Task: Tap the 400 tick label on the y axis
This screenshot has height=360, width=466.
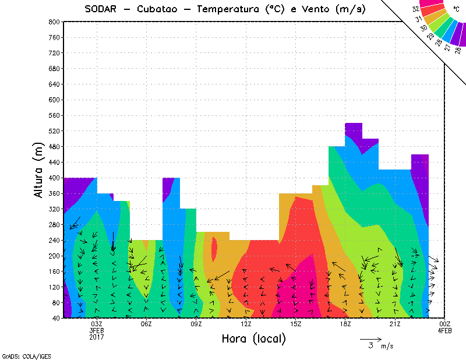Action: pos(54,178)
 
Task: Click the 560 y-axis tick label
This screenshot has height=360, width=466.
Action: pos(54,116)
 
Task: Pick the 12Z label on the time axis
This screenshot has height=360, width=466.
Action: pos(246,324)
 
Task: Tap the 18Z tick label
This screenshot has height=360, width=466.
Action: pos(345,324)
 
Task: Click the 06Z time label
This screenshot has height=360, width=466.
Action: pos(147,324)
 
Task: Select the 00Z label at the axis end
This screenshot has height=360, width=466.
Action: pos(445,324)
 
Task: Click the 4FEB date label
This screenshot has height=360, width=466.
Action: pos(445,331)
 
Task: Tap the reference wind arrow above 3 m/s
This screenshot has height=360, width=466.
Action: pos(370,338)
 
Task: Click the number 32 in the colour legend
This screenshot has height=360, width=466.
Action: pos(415,9)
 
